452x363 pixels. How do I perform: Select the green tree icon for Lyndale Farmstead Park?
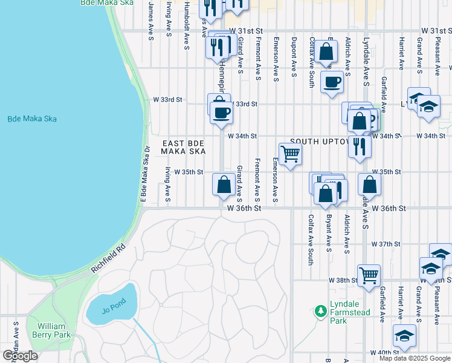point(320,312)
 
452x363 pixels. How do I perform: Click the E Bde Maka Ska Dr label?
point(144,174)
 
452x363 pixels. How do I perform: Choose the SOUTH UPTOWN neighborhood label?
point(320,142)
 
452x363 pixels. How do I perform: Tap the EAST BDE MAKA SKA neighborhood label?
point(184,147)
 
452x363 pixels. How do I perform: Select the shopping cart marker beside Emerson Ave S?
point(291,154)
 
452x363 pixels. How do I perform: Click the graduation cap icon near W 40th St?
point(404,336)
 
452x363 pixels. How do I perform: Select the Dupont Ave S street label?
point(294,57)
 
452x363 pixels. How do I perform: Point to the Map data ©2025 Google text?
point(415,358)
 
